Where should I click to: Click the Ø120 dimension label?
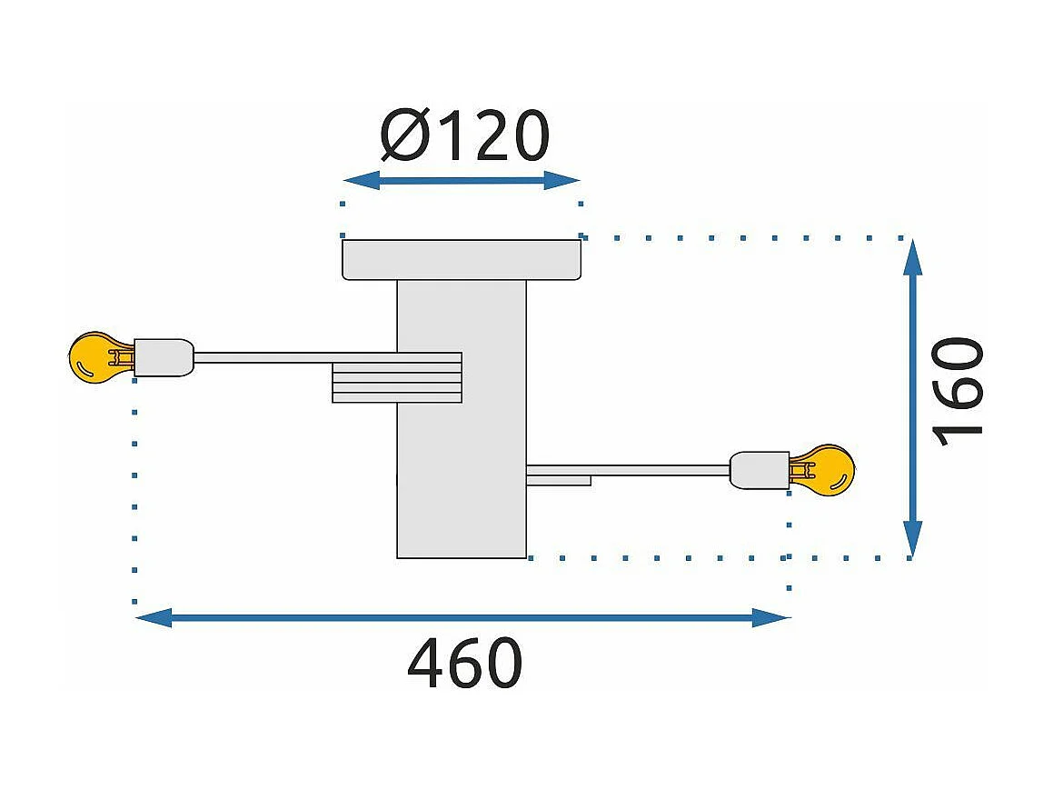[x=464, y=135]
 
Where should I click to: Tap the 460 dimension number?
[x=464, y=663]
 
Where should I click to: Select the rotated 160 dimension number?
[x=958, y=393]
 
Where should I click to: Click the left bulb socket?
[x=164, y=357]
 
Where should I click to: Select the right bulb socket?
[x=760, y=470]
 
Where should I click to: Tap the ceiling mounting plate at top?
[x=462, y=259]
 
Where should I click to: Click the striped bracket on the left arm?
[x=397, y=377]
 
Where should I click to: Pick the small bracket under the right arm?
[x=559, y=480]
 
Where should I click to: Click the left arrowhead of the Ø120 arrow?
[x=362, y=180]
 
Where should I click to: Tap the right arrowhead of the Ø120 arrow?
[x=562, y=180]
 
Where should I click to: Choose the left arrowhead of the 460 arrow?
[x=154, y=618]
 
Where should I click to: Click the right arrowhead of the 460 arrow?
[x=771, y=618]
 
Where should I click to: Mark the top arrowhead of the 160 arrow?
[x=912, y=257]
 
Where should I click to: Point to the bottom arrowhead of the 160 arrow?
[x=912, y=539]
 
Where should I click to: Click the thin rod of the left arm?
[x=295, y=357]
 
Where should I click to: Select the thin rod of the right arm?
[x=629, y=470]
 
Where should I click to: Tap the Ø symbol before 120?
[x=405, y=136]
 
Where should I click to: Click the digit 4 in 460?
[x=426, y=663]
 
